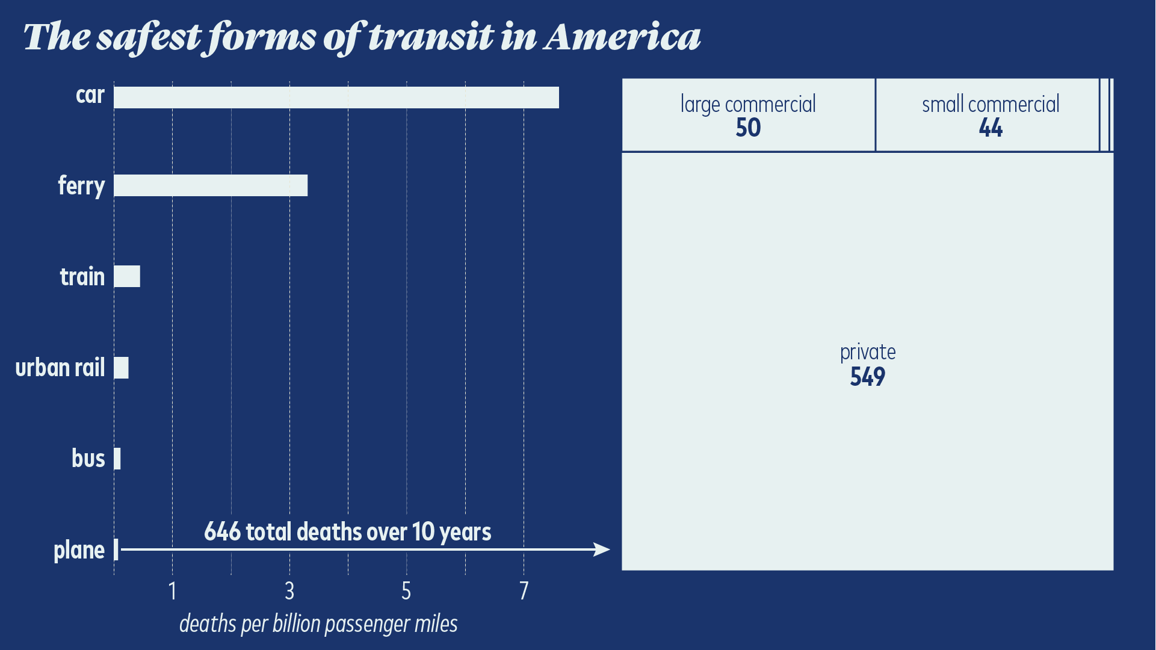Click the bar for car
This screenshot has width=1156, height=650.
click(336, 97)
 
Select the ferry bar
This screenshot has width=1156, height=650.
click(211, 185)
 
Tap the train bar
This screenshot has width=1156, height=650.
click(127, 276)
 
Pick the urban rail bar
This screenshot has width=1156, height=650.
click(121, 368)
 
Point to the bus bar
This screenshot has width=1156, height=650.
click(117, 459)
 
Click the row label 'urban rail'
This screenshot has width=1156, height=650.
click(60, 368)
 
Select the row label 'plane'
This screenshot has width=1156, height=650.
click(79, 550)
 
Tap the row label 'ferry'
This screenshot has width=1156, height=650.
click(81, 185)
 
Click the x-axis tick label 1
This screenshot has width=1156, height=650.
click(173, 591)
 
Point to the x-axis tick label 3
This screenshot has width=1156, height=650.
click(289, 591)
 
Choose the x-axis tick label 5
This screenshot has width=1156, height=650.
click(406, 591)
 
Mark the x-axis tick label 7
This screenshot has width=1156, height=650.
click(524, 591)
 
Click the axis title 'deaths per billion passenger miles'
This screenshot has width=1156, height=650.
click(318, 624)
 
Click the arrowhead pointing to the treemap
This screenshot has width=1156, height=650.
click(602, 549)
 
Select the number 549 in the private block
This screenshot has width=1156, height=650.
click(867, 377)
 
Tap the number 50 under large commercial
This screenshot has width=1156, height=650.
click(748, 128)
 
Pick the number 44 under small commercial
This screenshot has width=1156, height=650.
click(991, 128)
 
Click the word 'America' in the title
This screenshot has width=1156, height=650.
click(622, 37)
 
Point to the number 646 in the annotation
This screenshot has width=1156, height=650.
click(222, 532)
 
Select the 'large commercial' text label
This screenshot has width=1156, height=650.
click(748, 104)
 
